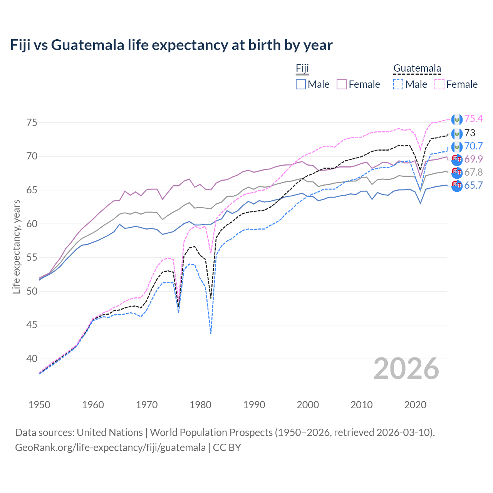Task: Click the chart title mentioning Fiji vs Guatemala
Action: [171, 45]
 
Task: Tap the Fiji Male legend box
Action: [301, 84]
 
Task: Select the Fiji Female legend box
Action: [342, 84]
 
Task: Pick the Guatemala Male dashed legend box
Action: [398, 84]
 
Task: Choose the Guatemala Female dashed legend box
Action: [439, 84]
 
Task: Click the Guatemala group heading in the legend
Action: [417, 69]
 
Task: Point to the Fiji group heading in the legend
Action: [302, 69]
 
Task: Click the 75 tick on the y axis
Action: [32, 122]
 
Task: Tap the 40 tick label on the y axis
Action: [32, 359]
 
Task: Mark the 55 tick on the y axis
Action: [32, 257]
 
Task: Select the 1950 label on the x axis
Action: [39, 405]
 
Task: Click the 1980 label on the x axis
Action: [200, 405]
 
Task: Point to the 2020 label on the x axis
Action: [415, 405]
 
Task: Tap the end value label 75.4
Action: [473, 119]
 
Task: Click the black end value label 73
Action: [470, 133]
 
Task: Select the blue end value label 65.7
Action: [473, 185]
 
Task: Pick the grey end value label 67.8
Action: [473, 172]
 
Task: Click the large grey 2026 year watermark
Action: [406, 369]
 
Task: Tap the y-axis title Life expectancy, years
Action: [16, 246]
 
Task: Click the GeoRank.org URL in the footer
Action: [110, 448]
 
